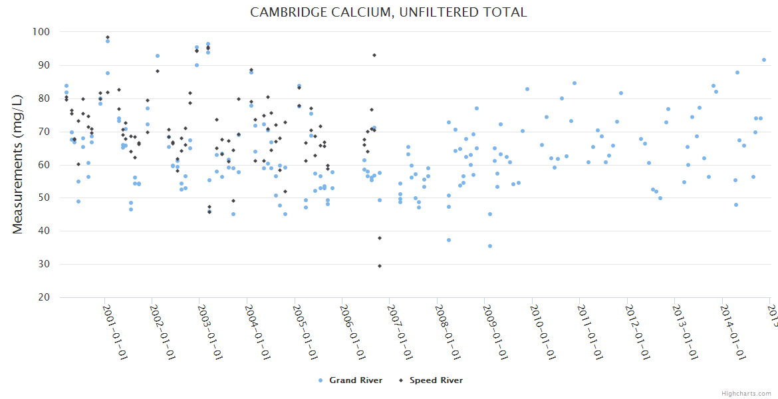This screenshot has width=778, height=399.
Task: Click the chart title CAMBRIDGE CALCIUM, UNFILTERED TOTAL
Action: (x=388, y=13)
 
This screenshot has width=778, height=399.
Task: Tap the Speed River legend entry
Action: (x=436, y=380)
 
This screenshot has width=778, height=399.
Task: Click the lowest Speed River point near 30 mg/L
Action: (x=380, y=266)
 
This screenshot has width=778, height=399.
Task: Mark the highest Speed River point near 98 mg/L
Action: (x=108, y=37)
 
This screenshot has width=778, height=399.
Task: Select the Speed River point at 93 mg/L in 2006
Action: (x=374, y=55)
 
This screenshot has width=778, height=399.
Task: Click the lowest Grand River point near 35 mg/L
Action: (x=490, y=246)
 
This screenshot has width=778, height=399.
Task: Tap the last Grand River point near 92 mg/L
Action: (x=764, y=60)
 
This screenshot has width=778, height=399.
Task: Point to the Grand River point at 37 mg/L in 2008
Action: (x=449, y=240)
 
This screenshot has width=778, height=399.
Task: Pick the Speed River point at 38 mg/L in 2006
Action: (x=380, y=238)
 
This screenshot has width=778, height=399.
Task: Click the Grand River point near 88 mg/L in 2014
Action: (x=737, y=72)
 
